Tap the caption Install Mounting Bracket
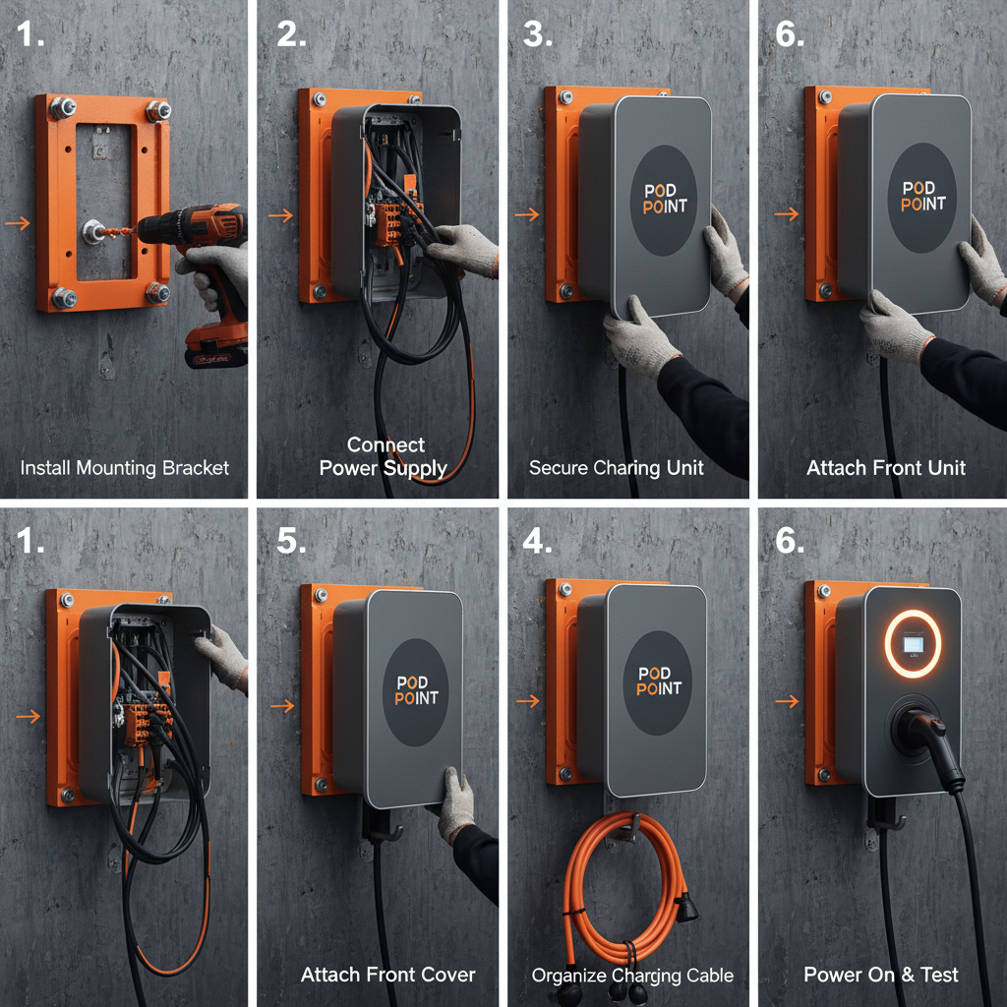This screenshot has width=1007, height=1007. point(125,467)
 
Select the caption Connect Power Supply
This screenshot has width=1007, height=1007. point(385,456)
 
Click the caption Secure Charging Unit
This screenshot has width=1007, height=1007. point(617,467)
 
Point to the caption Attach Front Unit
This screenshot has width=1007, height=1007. point(886,467)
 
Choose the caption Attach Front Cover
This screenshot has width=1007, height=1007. point(387,975)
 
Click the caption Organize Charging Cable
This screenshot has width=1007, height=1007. point(632,976)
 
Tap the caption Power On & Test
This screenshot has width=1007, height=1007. point(881,975)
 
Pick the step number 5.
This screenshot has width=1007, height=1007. point(292,540)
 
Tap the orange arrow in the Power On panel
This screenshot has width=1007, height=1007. point(786,701)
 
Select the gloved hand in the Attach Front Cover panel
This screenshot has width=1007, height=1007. point(456,801)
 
